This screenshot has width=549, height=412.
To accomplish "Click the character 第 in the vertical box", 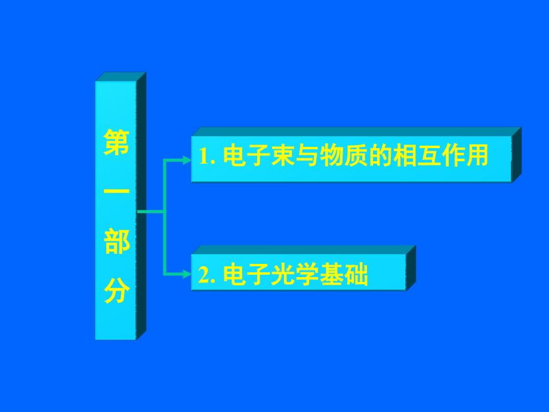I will pos(116,143).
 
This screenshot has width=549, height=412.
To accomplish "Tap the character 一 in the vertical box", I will pos(116,193).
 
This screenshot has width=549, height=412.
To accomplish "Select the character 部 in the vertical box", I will pos(116,244).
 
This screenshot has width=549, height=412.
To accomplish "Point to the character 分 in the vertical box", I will pos(116,292).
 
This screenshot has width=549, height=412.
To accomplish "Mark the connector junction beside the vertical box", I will pos(164,211).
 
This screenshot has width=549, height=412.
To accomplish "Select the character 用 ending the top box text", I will pos(477,156).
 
